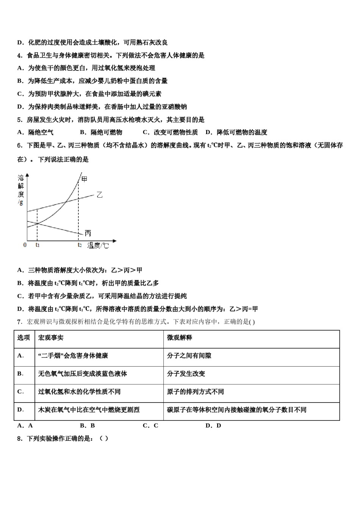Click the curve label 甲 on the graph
(x=84, y=178)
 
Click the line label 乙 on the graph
(x=99, y=195)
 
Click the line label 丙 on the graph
(x=88, y=233)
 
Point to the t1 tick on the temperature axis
(x=38, y=245)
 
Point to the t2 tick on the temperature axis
(x=79, y=245)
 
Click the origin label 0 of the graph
(x=25, y=245)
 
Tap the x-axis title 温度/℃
(x=98, y=246)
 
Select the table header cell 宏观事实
(x=51, y=338)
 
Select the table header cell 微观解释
(x=180, y=338)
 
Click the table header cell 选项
(x=23, y=338)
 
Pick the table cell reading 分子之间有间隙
(x=189, y=356)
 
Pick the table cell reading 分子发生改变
(x=186, y=374)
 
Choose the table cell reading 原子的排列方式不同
(x=196, y=392)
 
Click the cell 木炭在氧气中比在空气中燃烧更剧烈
(x=89, y=410)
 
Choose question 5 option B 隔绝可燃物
(x=101, y=132)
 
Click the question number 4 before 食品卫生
(x=19, y=55)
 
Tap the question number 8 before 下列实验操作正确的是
(x=19, y=439)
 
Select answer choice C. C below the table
(x=150, y=426)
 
